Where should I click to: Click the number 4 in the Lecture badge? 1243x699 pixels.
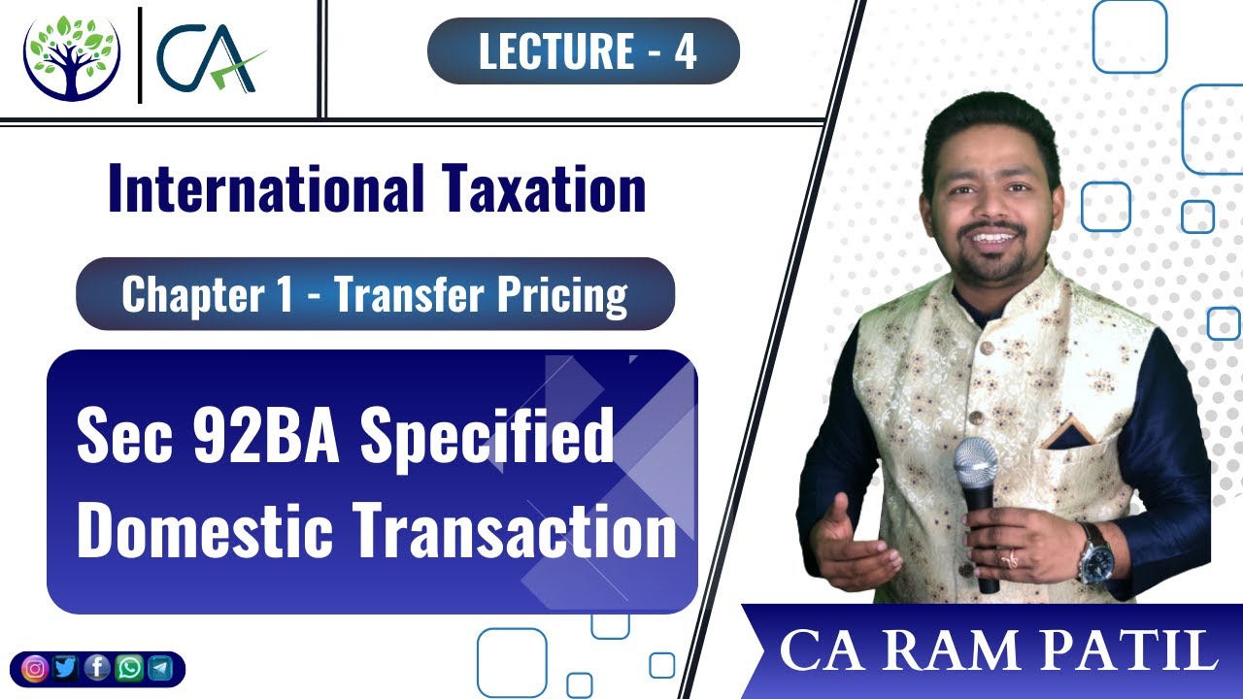tap(686, 51)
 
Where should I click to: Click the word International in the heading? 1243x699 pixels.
tap(262, 188)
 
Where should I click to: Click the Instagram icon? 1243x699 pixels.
tap(35, 669)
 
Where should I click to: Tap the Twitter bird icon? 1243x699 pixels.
tap(66, 669)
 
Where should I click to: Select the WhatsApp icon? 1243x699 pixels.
tap(128, 669)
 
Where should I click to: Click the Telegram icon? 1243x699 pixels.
tap(159, 669)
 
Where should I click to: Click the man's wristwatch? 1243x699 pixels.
tap(1097, 554)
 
